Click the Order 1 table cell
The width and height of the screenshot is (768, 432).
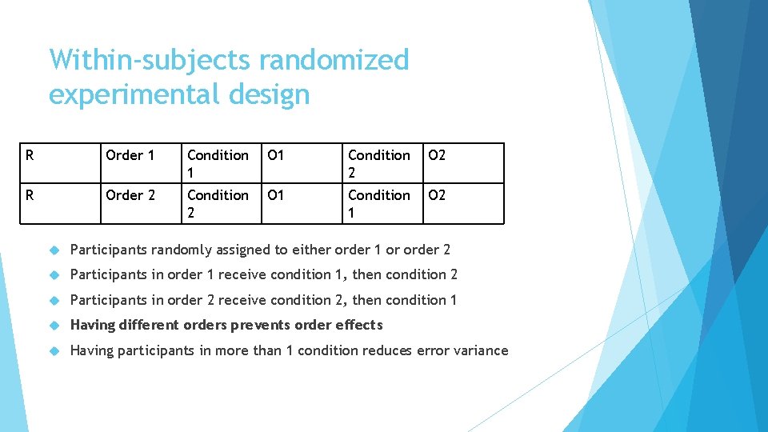(130, 155)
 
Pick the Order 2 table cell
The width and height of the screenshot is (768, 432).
(130, 195)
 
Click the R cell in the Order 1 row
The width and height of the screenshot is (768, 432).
(30, 155)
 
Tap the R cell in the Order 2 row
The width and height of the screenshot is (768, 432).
(30, 195)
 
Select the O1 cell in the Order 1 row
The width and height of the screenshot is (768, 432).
(276, 155)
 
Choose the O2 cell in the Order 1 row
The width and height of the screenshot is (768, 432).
(437, 155)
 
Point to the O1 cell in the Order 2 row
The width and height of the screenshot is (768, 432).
(276, 195)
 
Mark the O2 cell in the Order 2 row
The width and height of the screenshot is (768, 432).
(437, 195)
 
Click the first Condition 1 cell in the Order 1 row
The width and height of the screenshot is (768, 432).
(218, 163)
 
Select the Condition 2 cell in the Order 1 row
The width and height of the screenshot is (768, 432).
(379, 163)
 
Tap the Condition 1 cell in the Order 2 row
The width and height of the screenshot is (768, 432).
(379, 203)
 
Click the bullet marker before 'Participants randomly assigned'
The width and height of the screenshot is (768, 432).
(54, 250)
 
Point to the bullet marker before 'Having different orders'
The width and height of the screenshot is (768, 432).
(54, 326)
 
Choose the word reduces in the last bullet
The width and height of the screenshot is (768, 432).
(387, 350)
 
